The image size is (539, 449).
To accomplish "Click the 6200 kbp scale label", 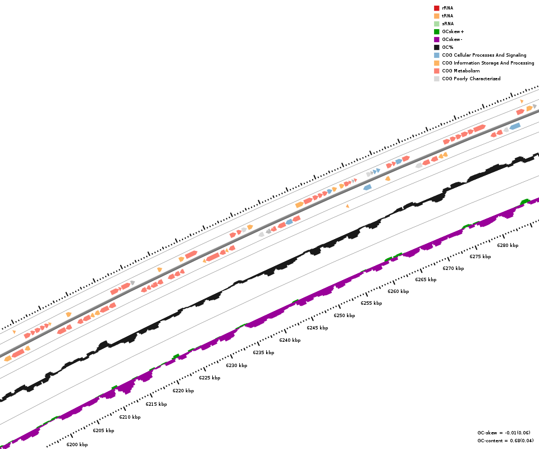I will click(x=77, y=445).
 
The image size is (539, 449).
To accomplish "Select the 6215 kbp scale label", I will click(x=156, y=404).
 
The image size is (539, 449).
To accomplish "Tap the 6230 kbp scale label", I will click(x=236, y=365).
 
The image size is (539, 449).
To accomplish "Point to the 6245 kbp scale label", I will click(x=317, y=328).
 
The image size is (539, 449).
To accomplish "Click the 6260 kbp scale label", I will click(x=398, y=291).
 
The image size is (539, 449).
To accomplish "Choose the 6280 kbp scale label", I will click(x=508, y=245).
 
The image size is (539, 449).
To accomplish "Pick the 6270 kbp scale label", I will click(x=453, y=268).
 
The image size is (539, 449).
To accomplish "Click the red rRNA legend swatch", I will click(x=436, y=8).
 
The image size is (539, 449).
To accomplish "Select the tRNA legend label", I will click(x=447, y=16).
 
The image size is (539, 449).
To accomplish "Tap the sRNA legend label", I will click(x=447, y=24).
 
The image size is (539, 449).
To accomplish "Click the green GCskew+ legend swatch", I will click(x=436, y=31).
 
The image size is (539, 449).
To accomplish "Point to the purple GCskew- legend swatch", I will click(x=436, y=39).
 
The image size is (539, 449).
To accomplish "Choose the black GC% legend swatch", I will click(x=436, y=47).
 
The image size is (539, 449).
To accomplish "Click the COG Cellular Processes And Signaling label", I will click(x=484, y=55).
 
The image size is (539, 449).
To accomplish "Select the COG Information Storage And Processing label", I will click(x=488, y=63).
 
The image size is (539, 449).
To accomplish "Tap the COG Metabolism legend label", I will click(x=460, y=71).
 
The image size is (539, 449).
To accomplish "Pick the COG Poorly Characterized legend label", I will click(x=471, y=79).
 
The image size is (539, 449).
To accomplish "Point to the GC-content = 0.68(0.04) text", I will click(x=505, y=441).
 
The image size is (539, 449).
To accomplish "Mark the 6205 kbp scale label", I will click(x=103, y=430).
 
